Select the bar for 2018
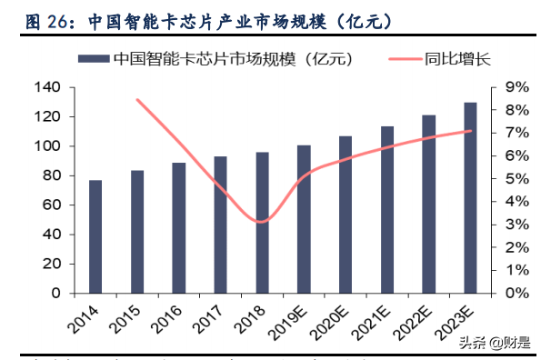coord(262,223)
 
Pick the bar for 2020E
coord(345,215)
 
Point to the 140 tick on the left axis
coord(46,88)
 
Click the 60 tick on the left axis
coord(51,205)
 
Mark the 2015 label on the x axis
coord(129,316)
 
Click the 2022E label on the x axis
coord(417,320)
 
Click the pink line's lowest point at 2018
coord(262,221)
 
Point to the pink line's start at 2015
coord(137,100)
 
